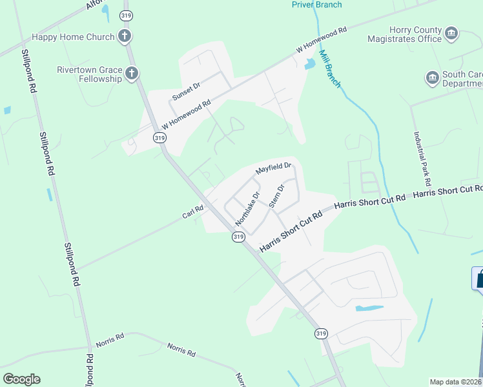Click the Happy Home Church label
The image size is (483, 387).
pyautogui.click(x=73, y=37)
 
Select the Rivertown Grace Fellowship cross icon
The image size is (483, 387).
pyautogui.click(x=132, y=73)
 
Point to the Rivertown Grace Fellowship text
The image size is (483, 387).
pyautogui.click(x=89, y=74)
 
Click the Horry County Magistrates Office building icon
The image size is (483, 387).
pyautogui.click(x=451, y=33)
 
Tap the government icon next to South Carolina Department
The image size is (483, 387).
pyautogui.click(x=432, y=79)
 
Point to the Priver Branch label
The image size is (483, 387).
pyautogui.click(x=316, y=5)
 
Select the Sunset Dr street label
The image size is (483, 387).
pyautogui.click(x=187, y=92)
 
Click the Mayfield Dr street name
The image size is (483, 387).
pyautogui.click(x=274, y=169)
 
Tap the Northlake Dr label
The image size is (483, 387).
pyautogui.click(x=247, y=208)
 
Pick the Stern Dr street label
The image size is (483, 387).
pyautogui.click(x=276, y=197)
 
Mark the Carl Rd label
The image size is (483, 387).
pyautogui.click(x=193, y=211)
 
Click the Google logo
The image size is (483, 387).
pyautogui.click(x=21, y=379)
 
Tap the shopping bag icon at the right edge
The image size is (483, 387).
pyautogui.click(x=479, y=279)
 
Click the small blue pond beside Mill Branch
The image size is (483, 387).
pyautogui.click(x=310, y=64)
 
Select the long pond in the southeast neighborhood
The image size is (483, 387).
pyautogui.click(x=369, y=308)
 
